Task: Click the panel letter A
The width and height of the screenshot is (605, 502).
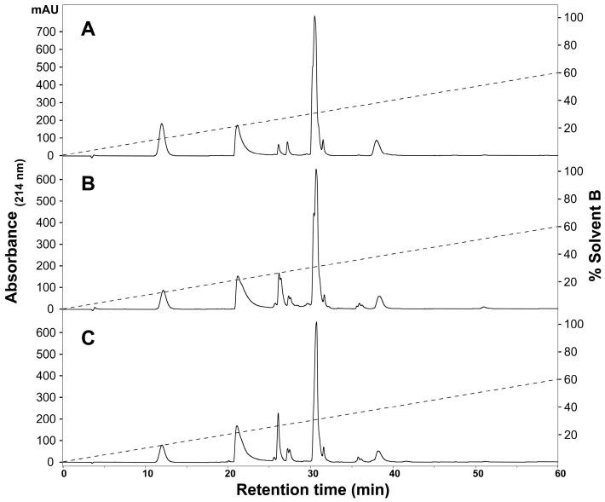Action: [x=89, y=30]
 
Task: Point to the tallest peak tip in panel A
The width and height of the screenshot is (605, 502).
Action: [x=314, y=16]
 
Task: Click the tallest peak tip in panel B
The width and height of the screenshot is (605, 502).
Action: [x=316, y=170]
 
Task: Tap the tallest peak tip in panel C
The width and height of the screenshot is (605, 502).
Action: [x=316, y=322]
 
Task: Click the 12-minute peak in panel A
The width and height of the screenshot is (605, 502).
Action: [x=162, y=124]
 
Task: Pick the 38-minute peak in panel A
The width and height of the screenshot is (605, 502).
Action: [x=377, y=141]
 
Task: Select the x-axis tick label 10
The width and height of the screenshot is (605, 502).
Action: [x=147, y=473]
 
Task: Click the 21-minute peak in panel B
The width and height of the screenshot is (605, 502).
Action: [x=238, y=277]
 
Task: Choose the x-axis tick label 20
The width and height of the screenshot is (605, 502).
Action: [x=229, y=473]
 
